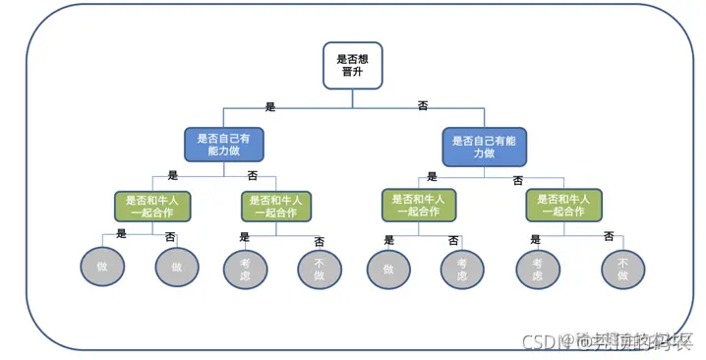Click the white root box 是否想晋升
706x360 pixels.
point(353,65)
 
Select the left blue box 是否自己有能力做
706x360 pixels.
point(224,146)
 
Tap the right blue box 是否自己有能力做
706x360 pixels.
point(485,146)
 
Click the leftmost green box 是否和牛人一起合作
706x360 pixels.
point(152,205)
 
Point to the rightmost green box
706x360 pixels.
point(563,205)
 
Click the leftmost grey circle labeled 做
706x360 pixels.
point(101,267)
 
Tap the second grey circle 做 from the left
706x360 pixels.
point(177,267)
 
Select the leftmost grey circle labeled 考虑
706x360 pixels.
point(245,269)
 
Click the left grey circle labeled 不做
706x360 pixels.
point(320,269)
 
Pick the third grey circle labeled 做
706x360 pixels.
point(388,269)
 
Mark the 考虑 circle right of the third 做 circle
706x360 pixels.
point(462,269)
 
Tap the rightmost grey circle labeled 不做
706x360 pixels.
point(622,269)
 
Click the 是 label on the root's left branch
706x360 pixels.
point(270,105)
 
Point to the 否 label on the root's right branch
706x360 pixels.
point(423,105)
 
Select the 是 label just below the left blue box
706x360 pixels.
point(173,175)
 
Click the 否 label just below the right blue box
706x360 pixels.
point(518,181)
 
